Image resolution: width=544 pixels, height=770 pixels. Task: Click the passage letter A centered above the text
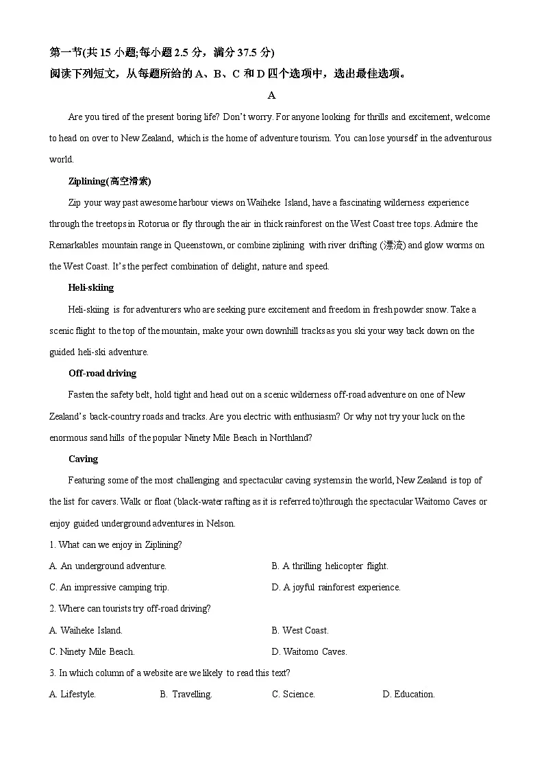[272, 95]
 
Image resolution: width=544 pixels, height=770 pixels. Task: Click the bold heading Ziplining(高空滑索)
[110, 181]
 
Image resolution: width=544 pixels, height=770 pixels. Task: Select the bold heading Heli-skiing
[91, 288]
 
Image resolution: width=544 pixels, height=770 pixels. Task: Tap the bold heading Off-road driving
[102, 373]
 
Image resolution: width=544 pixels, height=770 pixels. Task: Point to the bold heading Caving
[83, 459]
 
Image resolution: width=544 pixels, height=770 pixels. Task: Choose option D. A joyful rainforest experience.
[336, 587]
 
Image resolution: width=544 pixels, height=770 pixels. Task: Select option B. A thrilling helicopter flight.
[330, 566]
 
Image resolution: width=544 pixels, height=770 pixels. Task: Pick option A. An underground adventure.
[108, 566]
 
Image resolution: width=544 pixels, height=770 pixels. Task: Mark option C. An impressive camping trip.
[109, 587]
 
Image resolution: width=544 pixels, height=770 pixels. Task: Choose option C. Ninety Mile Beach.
[92, 651]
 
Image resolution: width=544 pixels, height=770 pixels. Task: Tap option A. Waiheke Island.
[86, 630]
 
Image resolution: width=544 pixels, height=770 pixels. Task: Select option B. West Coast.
[300, 630]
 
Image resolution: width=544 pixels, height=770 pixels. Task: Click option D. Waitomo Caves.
[309, 651]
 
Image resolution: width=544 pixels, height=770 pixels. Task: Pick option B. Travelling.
[186, 694]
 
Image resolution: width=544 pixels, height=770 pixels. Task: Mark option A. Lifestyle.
[73, 694]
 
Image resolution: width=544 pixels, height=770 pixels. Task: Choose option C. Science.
[293, 694]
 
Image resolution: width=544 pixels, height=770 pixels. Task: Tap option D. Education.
[408, 694]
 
